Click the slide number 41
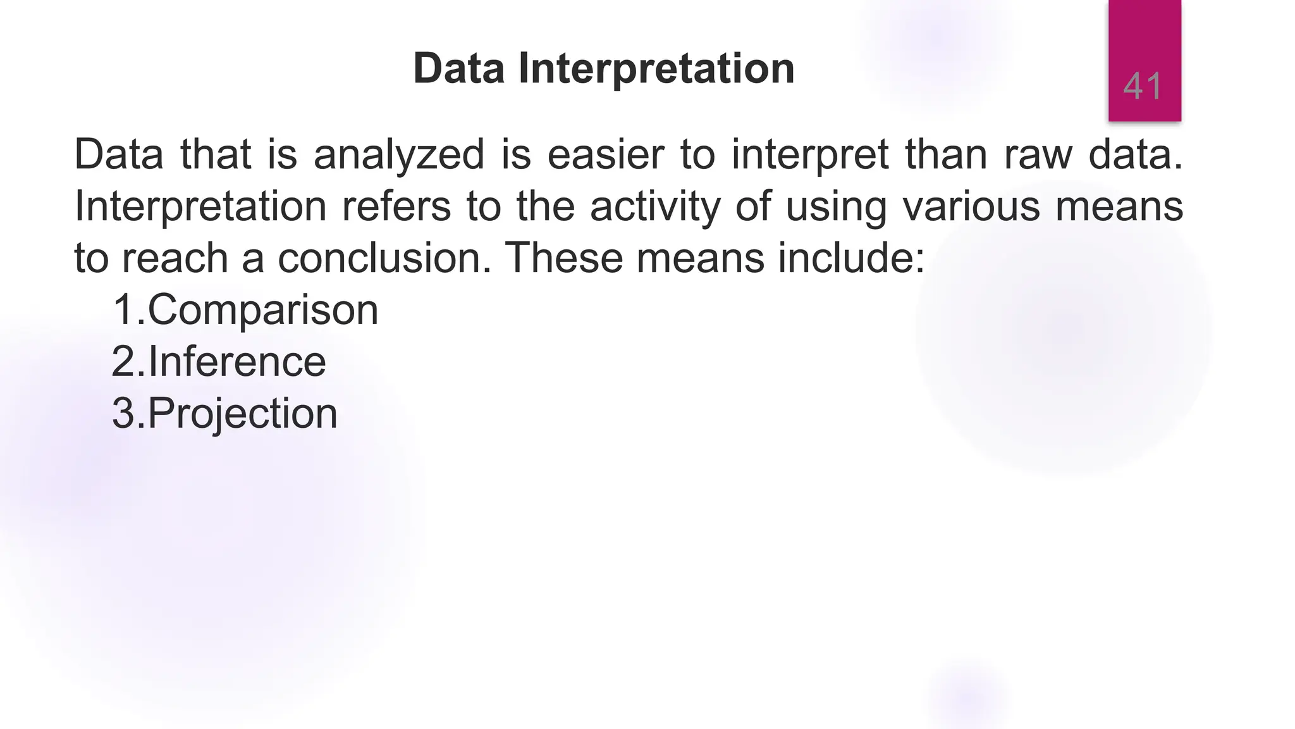click(x=1143, y=86)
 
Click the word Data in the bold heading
click(x=458, y=68)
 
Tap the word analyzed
click(x=399, y=155)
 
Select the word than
click(x=946, y=155)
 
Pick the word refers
click(x=396, y=206)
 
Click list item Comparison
click(x=262, y=311)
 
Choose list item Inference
click(x=236, y=362)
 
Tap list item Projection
click(x=242, y=414)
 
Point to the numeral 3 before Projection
click(x=124, y=414)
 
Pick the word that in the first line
click(x=216, y=155)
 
